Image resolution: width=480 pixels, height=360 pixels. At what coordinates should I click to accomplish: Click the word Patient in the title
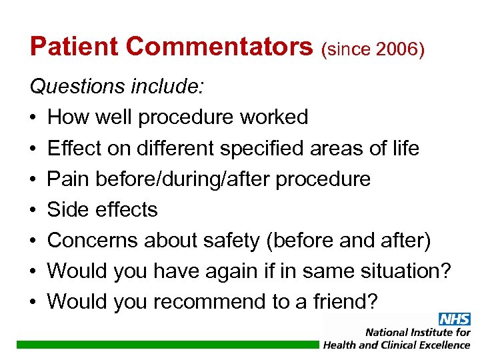tap(74, 47)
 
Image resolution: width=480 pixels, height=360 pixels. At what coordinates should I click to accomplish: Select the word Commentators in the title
tap(219, 47)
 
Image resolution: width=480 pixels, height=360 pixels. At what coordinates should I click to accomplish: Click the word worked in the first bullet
tap(274, 117)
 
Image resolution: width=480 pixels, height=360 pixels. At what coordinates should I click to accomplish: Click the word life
tap(404, 148)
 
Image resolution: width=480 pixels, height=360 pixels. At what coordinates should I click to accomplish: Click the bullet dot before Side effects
tap(33, 210)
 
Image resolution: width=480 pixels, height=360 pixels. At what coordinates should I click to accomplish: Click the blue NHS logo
tap(453, 319)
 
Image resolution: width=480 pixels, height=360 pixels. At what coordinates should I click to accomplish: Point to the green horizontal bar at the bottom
tap(167, 345)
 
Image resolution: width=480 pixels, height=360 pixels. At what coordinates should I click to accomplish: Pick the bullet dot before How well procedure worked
tap(33, 118)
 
